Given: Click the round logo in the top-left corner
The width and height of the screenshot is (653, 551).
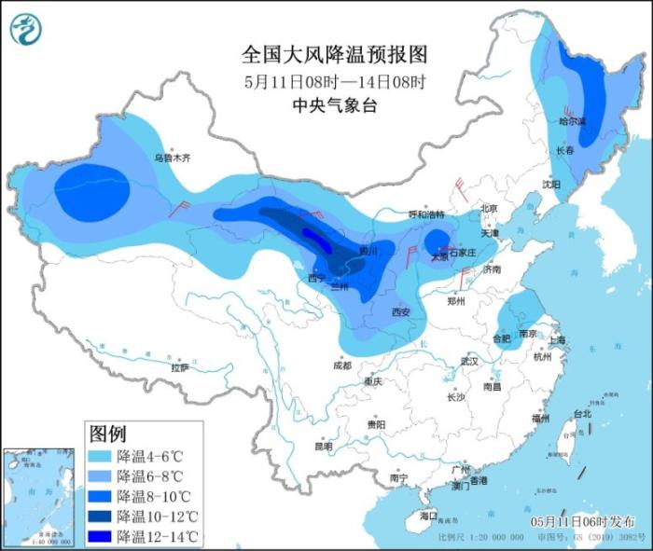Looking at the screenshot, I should (26, 29).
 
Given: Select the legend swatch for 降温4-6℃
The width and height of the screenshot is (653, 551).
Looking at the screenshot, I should (100, 457).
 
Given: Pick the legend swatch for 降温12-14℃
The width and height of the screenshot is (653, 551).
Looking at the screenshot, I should (100, 536).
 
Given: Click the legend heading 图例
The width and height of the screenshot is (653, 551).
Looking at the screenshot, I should (107, 434).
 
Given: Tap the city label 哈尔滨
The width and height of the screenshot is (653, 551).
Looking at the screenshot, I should (572, 121).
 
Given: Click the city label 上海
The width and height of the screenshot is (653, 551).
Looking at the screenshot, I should (557, 340).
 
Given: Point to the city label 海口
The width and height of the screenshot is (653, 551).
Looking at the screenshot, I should (428, 516).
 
